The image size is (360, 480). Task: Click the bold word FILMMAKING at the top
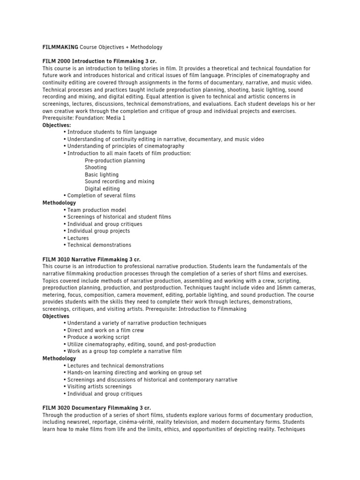pos(60,47)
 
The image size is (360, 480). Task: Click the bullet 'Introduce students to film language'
pos(112,132)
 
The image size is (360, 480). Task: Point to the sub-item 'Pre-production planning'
pos(115,160)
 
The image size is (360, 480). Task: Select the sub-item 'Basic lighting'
pos(102,174)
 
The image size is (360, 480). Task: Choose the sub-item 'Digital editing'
pos(102,188)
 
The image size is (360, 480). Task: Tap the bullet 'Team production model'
pos(97,210)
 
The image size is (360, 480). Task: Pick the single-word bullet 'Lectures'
pos(78,238)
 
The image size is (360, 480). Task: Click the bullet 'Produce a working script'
pos(98,337)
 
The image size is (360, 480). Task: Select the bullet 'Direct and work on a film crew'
pos(105,330)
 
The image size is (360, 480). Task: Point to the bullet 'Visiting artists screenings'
pos(99,387)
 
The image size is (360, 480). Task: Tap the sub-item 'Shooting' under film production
pos(96,167)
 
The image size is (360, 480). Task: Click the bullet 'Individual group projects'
pos(98,231)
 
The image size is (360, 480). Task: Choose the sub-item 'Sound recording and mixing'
pos(119,181)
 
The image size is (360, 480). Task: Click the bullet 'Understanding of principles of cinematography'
pos(126,146)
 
